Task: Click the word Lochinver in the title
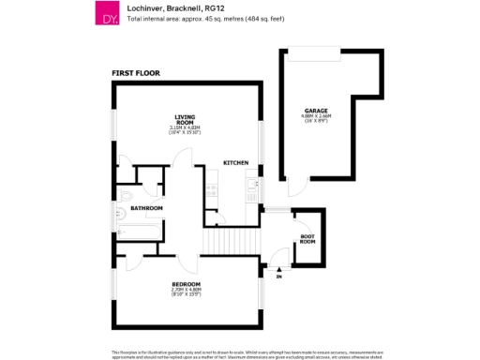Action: click(x=141, y=8)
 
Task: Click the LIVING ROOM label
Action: click(x=185, y=119)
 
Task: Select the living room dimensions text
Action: click(x=185, y=130)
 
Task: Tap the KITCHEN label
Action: click(x=235, y=163)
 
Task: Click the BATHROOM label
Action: click(x=146, y=208)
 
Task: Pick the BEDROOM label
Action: click(x=186, y=282)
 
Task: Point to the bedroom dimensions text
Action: click(x=186, y=292)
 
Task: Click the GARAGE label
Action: click(x=316, y=110)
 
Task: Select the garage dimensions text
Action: click(x=316, y=118)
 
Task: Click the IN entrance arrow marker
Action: click(x=277, y=271)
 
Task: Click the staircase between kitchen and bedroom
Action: click(x=231, y=241)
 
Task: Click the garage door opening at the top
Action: click(x=313, y=55)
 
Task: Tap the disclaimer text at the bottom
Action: click(x=240, y=354)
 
